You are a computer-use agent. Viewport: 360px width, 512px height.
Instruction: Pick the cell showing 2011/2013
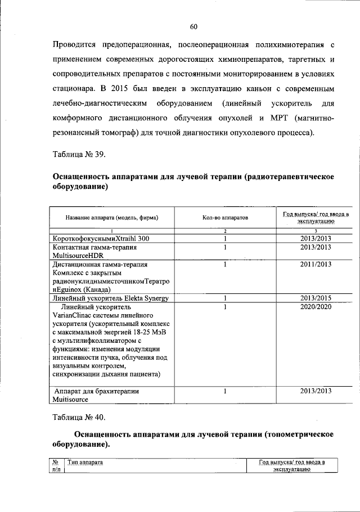point(315,264)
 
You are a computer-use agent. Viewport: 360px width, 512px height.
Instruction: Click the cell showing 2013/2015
point(315,298)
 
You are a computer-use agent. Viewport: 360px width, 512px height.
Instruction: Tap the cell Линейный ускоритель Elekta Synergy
point(110,298)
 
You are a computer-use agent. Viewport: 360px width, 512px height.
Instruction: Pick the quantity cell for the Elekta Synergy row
point(224,298)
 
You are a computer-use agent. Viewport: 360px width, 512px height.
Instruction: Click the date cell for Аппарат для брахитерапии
point(315,391)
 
